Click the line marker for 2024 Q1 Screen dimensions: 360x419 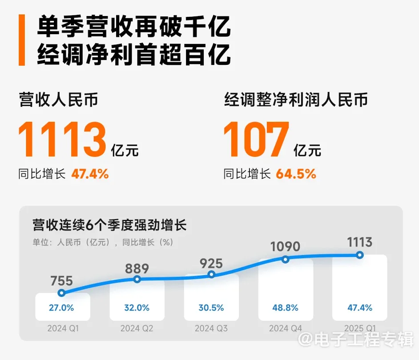click(x=62, y=293)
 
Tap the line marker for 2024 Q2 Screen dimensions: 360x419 click(x=137, y=279)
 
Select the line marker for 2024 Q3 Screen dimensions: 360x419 click(x=211, y=274)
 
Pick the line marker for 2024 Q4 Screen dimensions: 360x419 click(x=286, y=259)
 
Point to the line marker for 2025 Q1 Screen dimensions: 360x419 click(x=360, y=255)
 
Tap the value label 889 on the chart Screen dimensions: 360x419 click(x=137, y=268)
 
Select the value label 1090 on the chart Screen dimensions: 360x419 click(x=285, y=246)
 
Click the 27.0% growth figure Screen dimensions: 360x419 click(x=62, y=308)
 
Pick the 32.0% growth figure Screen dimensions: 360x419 click(x=137, y=308)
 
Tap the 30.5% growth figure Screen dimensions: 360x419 click(x=211, y=308)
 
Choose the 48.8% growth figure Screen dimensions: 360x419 click(x=286, y=308)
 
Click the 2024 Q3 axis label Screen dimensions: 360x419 click(x=211, y=329)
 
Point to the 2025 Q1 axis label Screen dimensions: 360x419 click(x=360, y=329)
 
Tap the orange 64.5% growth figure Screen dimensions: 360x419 click(x=296, y=174)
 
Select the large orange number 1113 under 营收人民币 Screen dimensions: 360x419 click(x=63, y=140)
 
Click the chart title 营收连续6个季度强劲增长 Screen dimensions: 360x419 click(x=109, y=225)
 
